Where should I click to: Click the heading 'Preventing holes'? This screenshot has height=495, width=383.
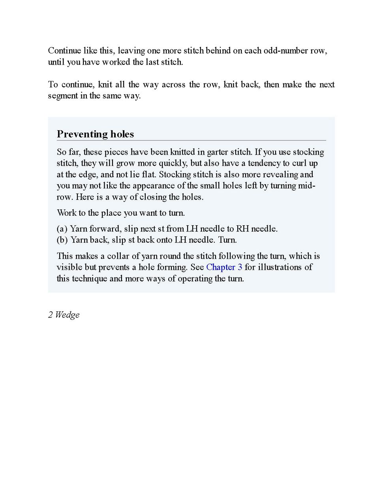click(95, 134)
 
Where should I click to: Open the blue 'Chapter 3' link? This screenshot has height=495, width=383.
click(224, 267)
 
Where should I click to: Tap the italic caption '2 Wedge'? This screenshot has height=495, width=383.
click(64, 315)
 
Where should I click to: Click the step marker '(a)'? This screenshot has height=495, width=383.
click(62, 229)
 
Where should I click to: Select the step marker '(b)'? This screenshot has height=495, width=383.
click(62, 240)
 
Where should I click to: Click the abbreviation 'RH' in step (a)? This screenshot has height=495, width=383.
click(242, 229)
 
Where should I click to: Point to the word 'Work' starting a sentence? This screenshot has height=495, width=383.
click(66, 213)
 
